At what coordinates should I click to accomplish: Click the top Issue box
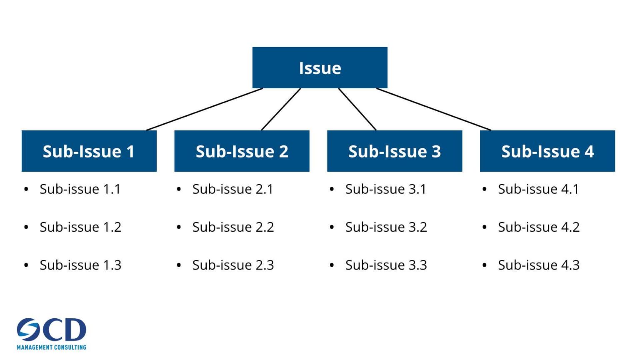(x=320, y=67)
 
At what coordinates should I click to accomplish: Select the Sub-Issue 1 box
(x=89, y=151)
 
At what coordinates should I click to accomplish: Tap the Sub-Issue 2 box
(x=242, y=151)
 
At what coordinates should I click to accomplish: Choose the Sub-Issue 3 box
(x=395, y=151)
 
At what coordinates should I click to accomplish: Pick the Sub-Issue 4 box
(x=547, y=151)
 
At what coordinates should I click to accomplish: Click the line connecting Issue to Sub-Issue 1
(x=205, y=109)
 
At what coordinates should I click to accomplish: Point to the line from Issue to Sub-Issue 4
(x=434, y=109)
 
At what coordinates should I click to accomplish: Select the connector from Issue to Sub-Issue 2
(x=281, y=109)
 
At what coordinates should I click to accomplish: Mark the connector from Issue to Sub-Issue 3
(x=357, y=109)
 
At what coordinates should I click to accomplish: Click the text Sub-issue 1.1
(x=80, y=189)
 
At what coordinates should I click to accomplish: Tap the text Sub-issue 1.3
(x=80, y=265)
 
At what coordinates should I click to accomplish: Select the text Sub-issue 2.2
(x=233, y=227)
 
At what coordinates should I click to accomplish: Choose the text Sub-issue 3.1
(x=385, y=189)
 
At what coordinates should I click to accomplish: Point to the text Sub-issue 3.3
(x=386, y=265)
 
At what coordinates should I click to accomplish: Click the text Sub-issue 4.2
(x=539, y=227)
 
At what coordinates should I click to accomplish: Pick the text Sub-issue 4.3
(x=539, y=265)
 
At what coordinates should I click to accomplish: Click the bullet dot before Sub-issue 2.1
(x=179, y=190)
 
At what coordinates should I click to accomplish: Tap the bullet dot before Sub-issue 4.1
(x=484, y=190)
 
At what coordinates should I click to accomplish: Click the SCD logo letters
(x=52, y=330)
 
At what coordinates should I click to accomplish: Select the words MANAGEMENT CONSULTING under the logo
(x=52, y=347)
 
